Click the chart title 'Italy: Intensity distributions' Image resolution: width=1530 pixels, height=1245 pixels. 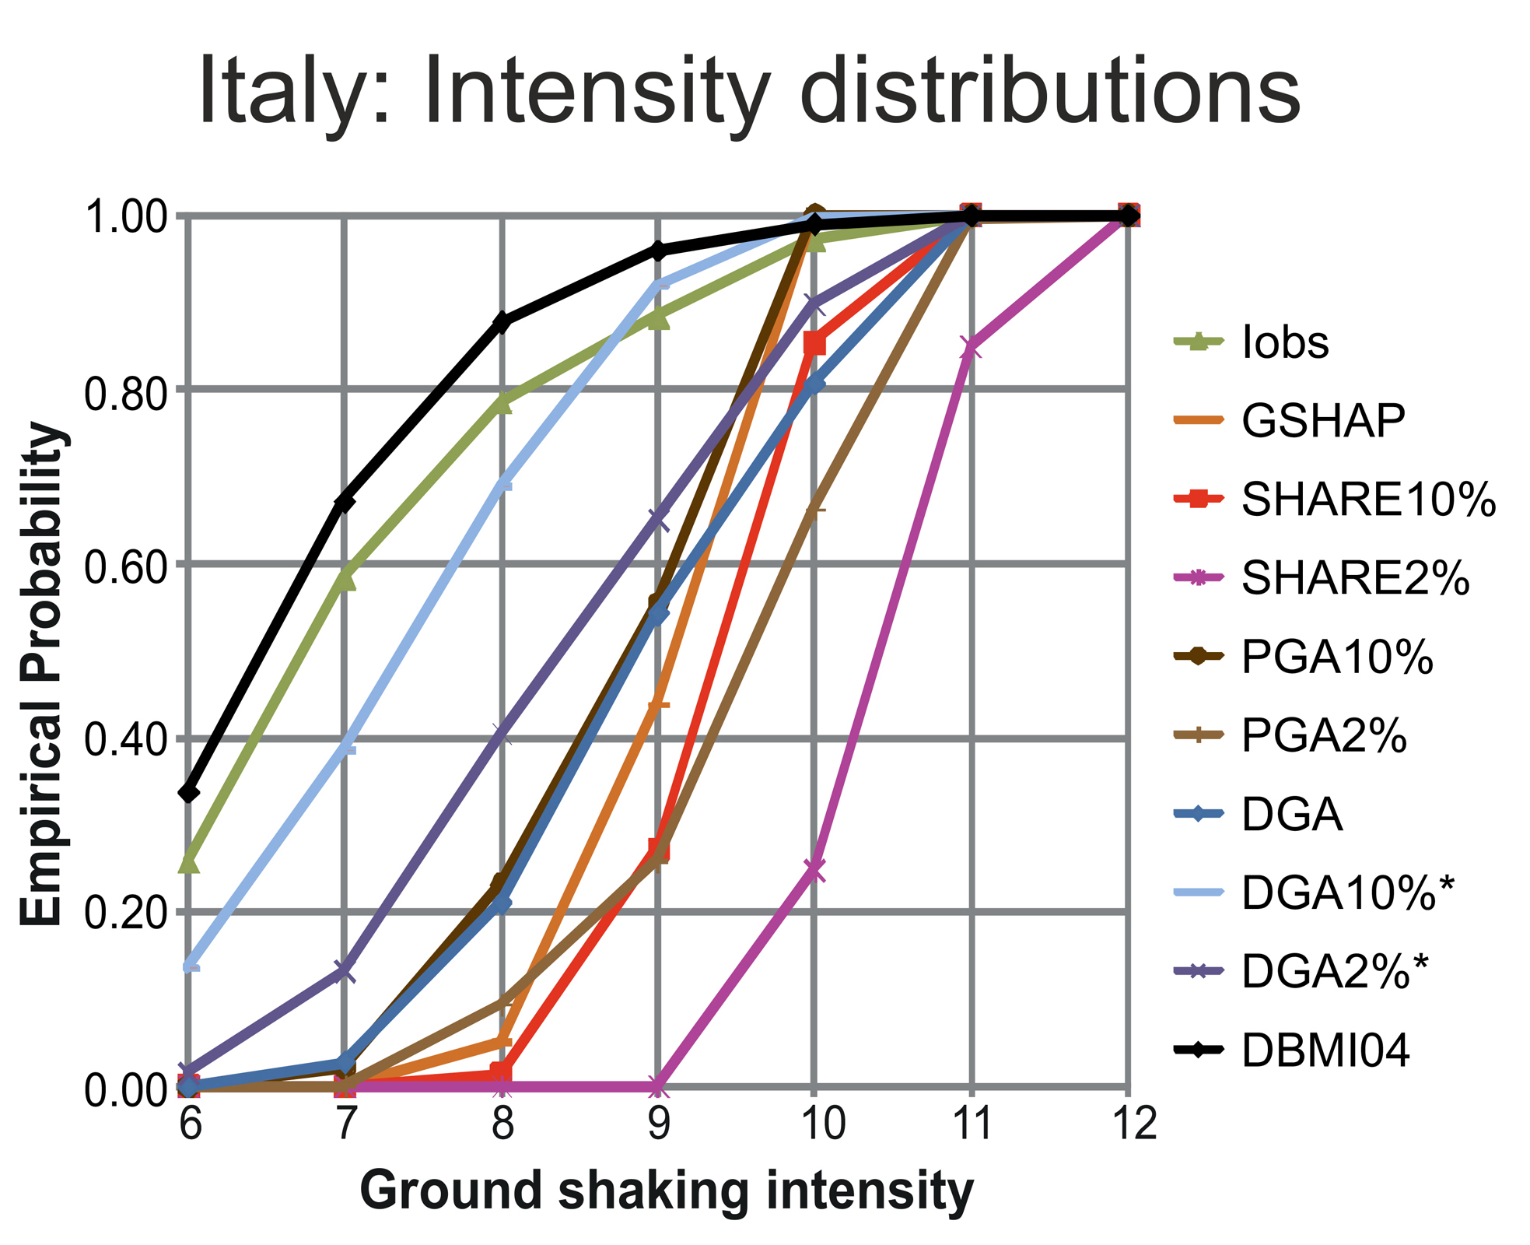coord(749,91)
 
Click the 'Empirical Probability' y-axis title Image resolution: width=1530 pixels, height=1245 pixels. coord(42,674)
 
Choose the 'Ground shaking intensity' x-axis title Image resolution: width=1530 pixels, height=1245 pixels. coord(667,1191)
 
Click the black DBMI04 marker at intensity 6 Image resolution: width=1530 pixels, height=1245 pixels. coord(189,793)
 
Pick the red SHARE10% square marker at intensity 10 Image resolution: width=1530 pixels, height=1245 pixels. coord(814,342)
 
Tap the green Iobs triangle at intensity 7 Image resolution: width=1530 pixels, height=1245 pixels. coord(345,578)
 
